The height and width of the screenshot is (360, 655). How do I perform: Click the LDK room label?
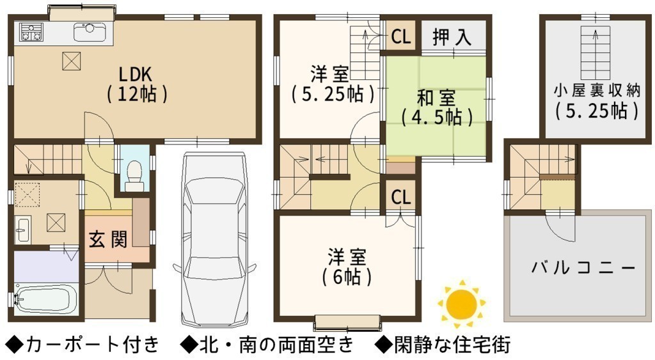[x=137, y=84]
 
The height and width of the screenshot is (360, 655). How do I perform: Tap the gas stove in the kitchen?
[x=31, y=32]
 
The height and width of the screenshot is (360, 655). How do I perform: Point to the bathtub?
[x=45, y=298]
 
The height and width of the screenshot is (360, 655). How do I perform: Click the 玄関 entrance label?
[x=107, y=240]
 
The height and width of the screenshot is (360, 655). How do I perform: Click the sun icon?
[x=461, y=304]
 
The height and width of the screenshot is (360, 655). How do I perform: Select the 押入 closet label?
[x=452, y=36]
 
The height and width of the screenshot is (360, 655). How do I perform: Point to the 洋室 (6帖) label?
[x=347, y=267]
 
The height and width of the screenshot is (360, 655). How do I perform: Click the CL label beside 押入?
[x=401, y=36]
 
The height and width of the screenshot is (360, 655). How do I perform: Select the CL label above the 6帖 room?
[x=401, y=197]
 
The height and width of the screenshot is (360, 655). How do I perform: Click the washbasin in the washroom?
[x=22, y=230]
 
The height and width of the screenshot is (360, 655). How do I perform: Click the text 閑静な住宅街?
[x=452, y=345]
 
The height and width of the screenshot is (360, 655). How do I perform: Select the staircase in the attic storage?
[x=596, y=52]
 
